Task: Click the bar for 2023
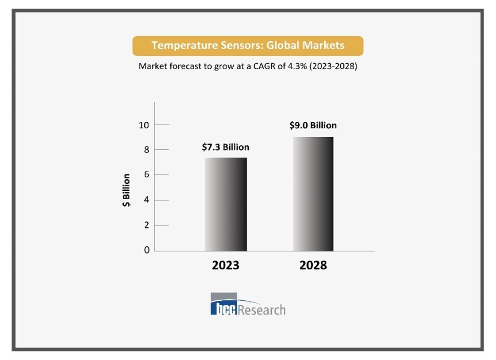click(226, 204)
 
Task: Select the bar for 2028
click(313, 194)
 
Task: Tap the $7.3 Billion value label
click(226, 147)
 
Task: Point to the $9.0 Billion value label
click(313, 125)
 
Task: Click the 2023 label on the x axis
click(226, 265)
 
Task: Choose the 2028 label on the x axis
click(313, 265)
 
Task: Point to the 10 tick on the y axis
click(144, 125)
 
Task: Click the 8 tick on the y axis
click(146, 150)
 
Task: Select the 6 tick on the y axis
click(146, 175)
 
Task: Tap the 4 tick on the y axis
click(146, 200)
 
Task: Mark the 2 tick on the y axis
click(146, 225)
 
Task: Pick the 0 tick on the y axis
click(146, 250)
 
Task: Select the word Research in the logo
click(262, 309)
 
